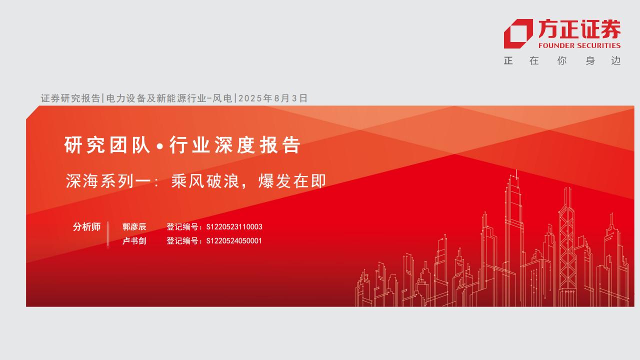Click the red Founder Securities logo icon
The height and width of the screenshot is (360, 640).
[x=518, y=33]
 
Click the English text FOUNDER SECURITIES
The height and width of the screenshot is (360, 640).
[x=579, y=45]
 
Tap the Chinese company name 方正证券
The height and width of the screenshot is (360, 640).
[x=579, y=29]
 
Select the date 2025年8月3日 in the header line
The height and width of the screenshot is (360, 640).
[x=273, y=98]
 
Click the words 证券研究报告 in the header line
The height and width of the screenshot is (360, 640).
[x=70, y=98]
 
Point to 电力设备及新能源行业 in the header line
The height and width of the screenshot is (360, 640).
[x=156, y=98]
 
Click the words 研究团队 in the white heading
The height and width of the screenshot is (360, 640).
[x=107, y=145]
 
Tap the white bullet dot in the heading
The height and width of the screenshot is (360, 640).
[x=160, y=146]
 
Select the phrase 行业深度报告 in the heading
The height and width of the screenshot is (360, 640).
[x=234, y=145]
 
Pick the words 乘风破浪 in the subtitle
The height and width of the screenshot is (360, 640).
[x=205, y=181]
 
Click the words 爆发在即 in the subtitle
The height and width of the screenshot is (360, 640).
[x=292, y=181]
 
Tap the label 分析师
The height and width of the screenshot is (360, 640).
[x=86, y=227]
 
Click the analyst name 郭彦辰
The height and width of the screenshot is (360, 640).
[x=134, y=227]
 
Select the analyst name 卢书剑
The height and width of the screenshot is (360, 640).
[x=134, y=241]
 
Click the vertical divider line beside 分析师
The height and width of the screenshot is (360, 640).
[x=108, y=233]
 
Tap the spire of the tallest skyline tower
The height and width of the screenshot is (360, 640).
[x=516, y=174]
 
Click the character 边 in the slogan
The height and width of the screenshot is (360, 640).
[x=615, y=61]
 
